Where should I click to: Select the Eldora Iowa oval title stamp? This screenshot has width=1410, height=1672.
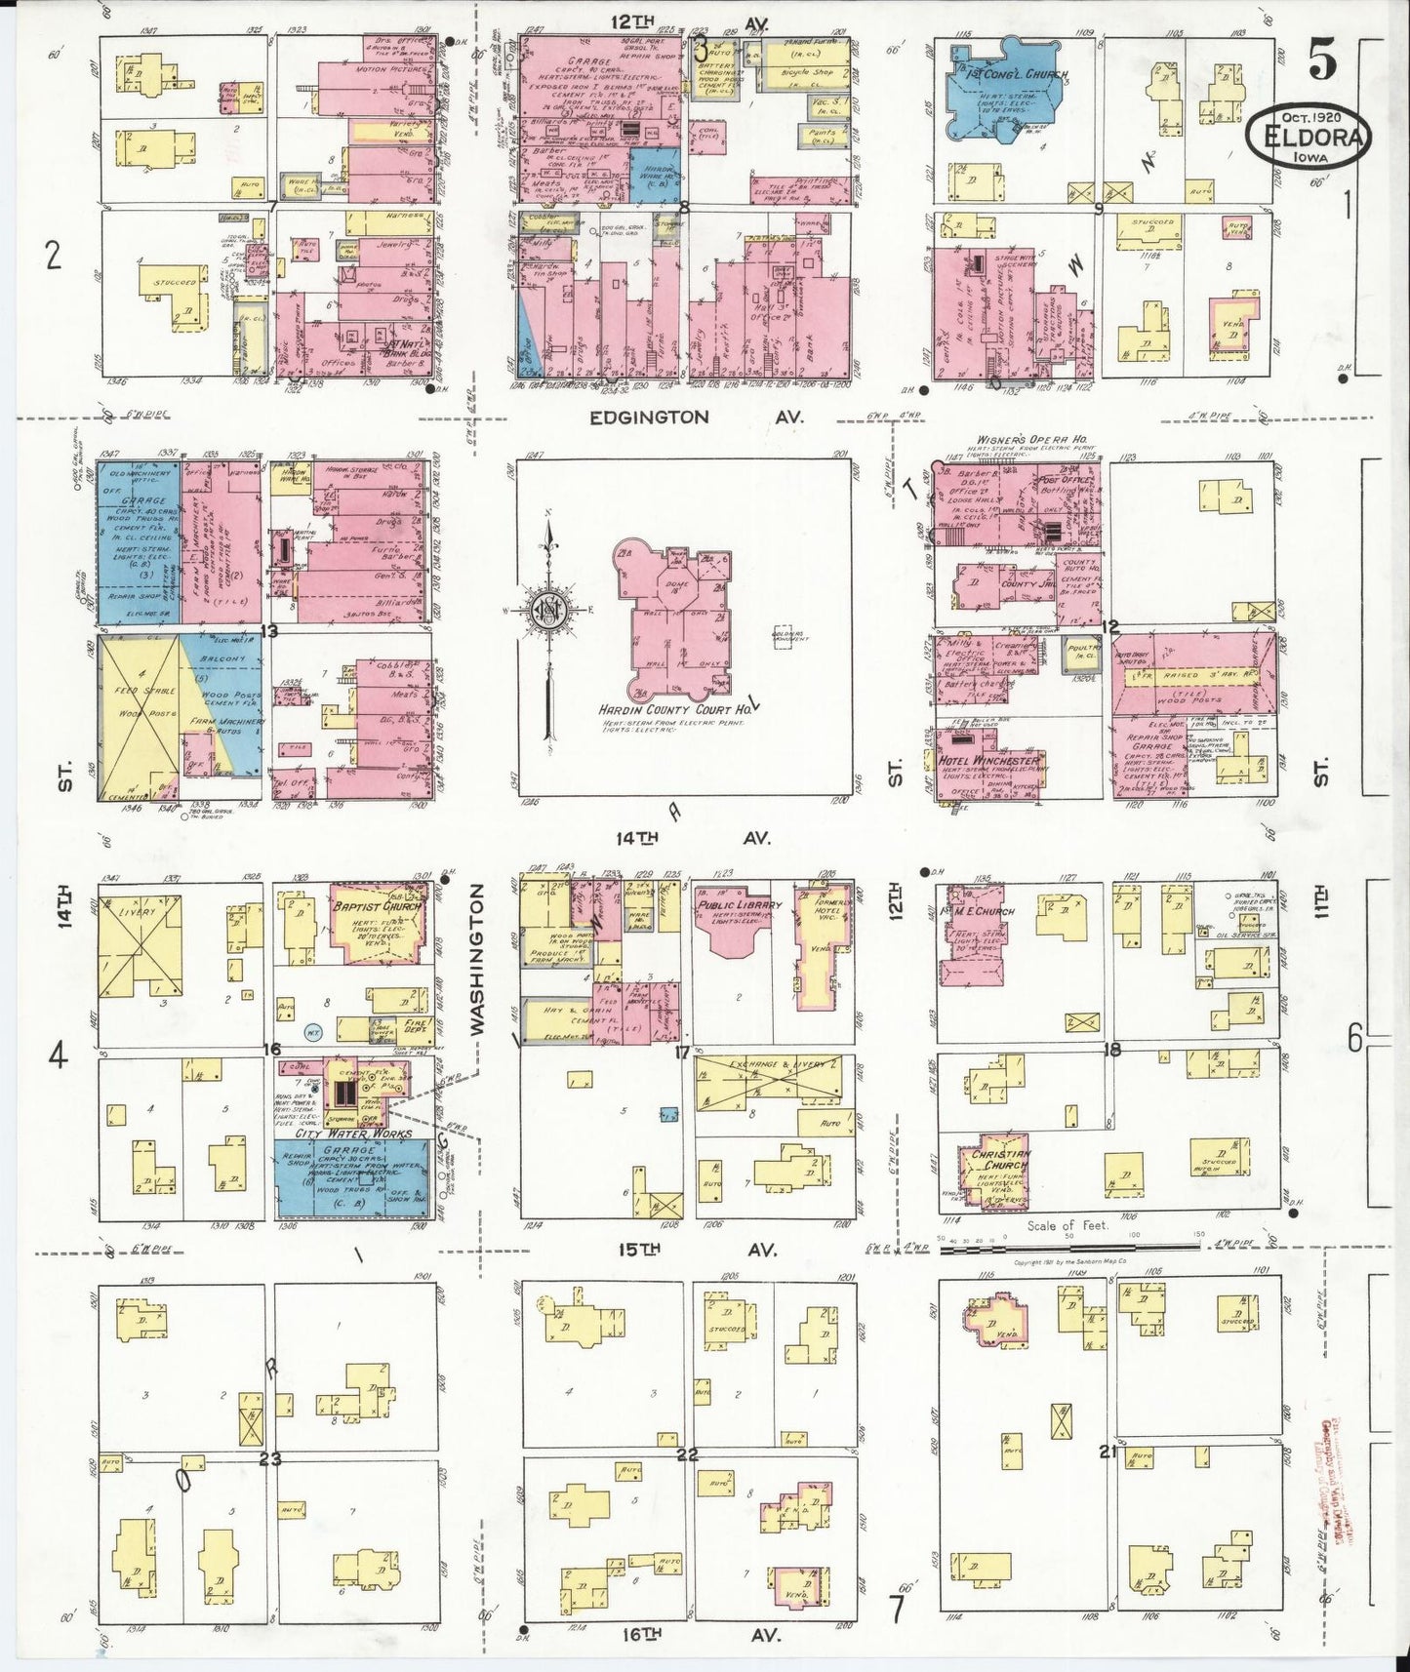tap(1308, 137)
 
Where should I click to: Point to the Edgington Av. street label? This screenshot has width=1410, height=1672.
tap(696, 418)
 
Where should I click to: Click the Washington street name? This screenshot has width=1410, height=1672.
tap(478, 959)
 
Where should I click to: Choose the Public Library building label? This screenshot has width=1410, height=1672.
tap(739, 905)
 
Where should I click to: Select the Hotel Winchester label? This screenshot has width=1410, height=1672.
tap(987, 760)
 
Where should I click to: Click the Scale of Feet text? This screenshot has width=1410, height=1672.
tap(1068, 1225)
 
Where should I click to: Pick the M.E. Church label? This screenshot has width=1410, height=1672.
tap(984, 911)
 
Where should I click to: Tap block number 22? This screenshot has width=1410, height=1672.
tap(687, 1454)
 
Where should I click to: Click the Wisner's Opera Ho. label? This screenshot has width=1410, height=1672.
tap(1031, 441)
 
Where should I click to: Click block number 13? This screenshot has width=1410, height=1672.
tap(268, 631)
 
